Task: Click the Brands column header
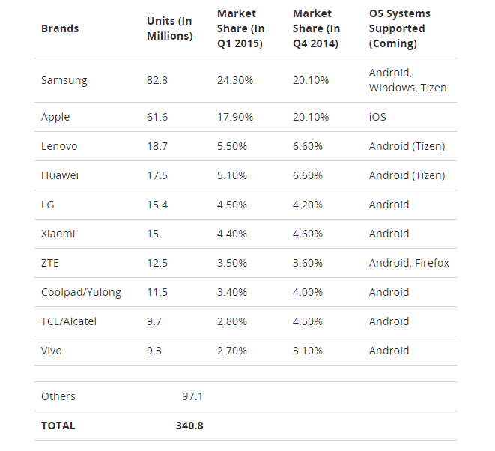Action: (x=60, y=28)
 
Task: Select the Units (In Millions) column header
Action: (x=169, y=28)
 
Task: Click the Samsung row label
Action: (x=64, y=80)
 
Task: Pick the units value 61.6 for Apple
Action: (x=157, y=117)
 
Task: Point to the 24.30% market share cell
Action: (x=235, y=80)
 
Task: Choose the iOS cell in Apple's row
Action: (x=377, y=117)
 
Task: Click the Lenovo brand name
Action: (x=59, y=146)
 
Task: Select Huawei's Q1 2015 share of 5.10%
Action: (x=232, y=175)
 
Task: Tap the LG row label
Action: (x=48, y=205)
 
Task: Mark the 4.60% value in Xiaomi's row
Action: (x=308, y=234)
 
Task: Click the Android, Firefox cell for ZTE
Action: (x=409, y=263)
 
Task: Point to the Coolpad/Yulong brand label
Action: (x=81, y=292)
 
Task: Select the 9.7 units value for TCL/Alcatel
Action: (x=154, y=321)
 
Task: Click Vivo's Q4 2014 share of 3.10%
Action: (x=308, y=351)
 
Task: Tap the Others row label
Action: (x=58, y=396)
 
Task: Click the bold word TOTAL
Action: (x=58, y=426)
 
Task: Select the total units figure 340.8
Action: (x=189, y=426)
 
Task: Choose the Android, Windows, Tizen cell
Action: (x=407, y=80)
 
